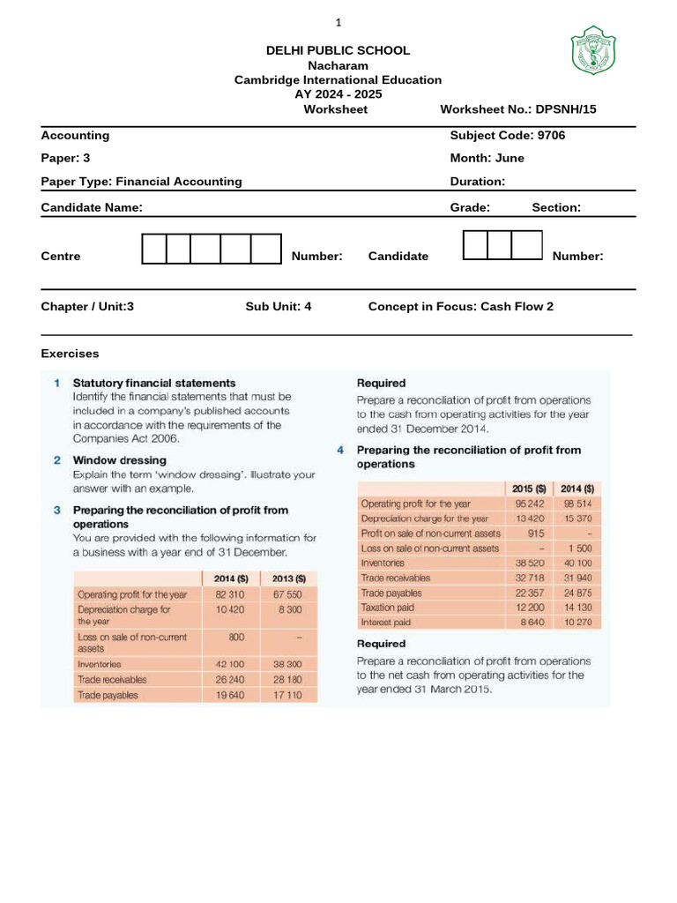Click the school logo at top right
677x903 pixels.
coord(593,50)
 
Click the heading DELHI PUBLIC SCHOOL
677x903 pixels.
coord(338,50)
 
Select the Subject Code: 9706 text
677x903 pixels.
coord(507,135)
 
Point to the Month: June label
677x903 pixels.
coord(487,158)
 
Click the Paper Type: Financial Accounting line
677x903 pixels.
coord(141,181)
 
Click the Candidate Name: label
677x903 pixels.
coord(92,207)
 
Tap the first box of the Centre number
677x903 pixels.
coord(154,250)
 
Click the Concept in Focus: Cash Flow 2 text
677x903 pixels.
coord(460,307)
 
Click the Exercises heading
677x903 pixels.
coord(71,354)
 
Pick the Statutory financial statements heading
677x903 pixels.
coord(154,383)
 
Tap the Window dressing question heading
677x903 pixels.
coord(119,459)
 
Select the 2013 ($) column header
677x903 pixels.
coord(288,578)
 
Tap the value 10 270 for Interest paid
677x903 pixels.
coord(577,623)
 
